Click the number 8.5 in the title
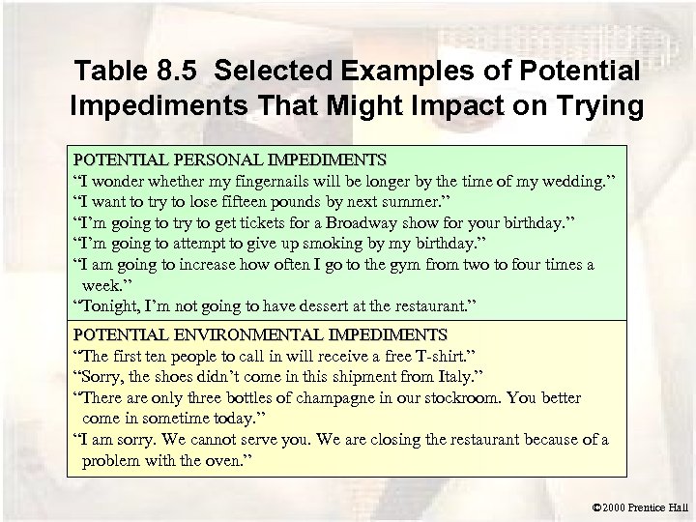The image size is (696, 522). pyautogui.click(x=190, y=72)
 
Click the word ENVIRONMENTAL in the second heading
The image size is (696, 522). pyautogui.click(x=248, y=334)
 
